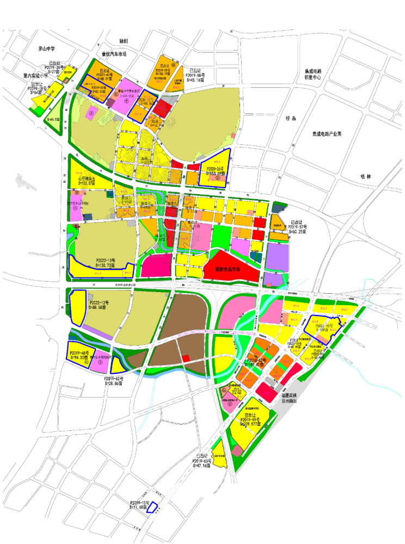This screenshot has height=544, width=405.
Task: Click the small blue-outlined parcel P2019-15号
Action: coord(153,506)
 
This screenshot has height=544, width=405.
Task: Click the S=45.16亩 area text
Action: coord(195,79)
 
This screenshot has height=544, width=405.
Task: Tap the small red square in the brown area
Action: coord(186,358)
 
